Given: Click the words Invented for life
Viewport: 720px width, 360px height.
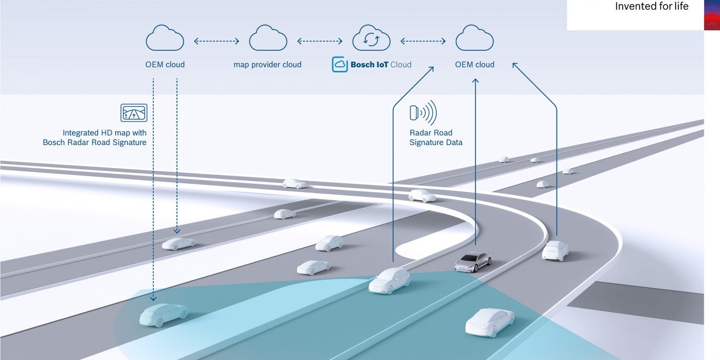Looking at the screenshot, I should click(x=652, y=7).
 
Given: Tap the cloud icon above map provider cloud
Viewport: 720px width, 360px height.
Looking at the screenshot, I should click(x=268, y=39).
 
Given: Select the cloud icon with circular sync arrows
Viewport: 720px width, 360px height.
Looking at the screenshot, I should click(x=371, y=40).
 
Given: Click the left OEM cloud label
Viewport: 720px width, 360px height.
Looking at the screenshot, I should click(x=165, y=65).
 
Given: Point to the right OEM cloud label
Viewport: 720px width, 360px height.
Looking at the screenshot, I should click(x=475, y=65).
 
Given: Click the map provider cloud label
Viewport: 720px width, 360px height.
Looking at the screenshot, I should click(x=267, y=65).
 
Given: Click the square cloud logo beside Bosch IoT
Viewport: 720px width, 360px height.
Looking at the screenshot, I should click(x=339, y=64).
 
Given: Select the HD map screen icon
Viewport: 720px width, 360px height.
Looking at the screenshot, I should click(x=134, y=113).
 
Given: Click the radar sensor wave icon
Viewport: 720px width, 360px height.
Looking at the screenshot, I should click(x=423, y=113).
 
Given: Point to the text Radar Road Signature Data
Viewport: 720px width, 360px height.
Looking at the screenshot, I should click(x=436, y=137).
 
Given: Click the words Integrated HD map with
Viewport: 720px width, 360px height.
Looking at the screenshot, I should click(x=104, y=133).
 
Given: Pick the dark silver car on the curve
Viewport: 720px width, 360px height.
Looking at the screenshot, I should click(x=473, y=262).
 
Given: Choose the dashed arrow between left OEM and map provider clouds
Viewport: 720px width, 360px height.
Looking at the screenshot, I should click(x=217, y=41).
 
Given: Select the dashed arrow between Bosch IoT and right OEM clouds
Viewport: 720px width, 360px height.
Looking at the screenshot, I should click(x=423, y=41).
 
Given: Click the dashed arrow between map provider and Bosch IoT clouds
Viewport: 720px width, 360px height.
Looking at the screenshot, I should click(x=320, y=41).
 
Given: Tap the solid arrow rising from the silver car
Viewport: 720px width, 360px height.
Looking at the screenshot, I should click(x=476, y=154).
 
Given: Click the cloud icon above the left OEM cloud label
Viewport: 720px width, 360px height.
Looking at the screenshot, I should click(x=165, y=39).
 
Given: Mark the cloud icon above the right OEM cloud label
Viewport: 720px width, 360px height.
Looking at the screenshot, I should click(x=475, y=39).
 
